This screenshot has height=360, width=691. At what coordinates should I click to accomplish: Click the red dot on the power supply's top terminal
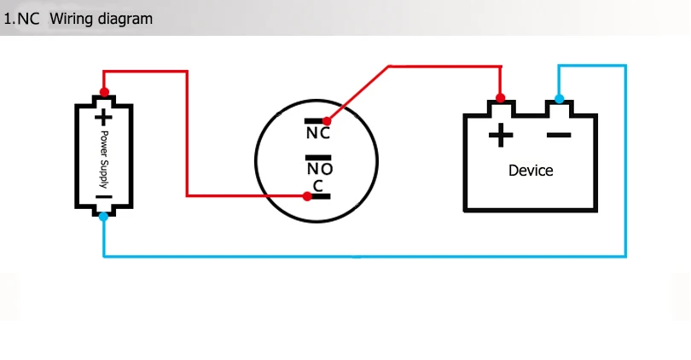coord(104,92)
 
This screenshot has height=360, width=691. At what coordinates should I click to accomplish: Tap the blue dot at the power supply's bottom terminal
coord(103,217)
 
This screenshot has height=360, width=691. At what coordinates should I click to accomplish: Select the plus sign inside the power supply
coord(103,117)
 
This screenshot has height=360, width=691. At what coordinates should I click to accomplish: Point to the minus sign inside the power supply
coord(104,196)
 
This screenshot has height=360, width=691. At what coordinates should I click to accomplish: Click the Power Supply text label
coord(104,159)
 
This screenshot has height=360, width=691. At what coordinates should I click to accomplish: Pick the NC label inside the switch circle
coord(317,133)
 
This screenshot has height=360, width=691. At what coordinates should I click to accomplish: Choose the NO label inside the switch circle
coord(320,169)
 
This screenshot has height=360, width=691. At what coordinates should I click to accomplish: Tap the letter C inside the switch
coord(317,186)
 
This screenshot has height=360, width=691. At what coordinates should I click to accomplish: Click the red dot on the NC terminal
coord(327,121)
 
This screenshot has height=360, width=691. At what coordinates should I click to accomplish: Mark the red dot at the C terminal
coord(307,196)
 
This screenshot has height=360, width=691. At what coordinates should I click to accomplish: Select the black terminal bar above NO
coord(318,158)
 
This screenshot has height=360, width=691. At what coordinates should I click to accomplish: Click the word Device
coord(531,171)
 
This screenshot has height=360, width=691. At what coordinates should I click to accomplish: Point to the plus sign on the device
coord(501,136)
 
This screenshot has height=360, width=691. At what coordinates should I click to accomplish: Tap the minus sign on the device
coord(559,136)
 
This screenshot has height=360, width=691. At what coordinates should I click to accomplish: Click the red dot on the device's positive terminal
coord(500,98)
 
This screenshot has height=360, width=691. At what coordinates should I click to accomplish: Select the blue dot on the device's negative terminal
coord(559,99)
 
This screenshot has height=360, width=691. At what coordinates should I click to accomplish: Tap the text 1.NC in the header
coord(21,19)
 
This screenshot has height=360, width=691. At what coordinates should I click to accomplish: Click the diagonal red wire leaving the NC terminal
coord(357,94)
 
